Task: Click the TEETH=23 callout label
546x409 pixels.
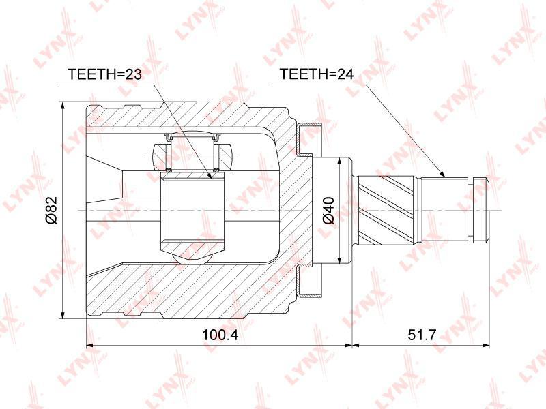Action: click(x=105, y=74)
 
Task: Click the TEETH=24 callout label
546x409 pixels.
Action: click(x=317, y=74)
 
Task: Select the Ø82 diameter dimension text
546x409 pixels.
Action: click(x=51, y=210)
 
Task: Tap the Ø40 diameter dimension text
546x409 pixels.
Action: click(x=328, y=210)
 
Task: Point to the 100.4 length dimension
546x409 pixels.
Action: click(x=220, y=335)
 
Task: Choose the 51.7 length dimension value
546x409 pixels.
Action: click(x=422, y=335)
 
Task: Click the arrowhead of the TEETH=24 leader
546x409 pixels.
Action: click(x=442, y=175)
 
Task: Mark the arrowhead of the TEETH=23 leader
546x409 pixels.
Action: click(x=209, y=176)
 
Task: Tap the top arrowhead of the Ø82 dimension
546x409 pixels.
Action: click(x=62, y=106)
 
